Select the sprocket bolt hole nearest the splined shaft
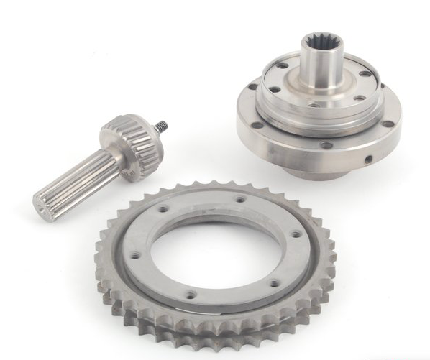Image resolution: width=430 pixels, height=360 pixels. click(x=164, y=209)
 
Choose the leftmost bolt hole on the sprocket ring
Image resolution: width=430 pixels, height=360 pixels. click(x=134, y=255)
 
